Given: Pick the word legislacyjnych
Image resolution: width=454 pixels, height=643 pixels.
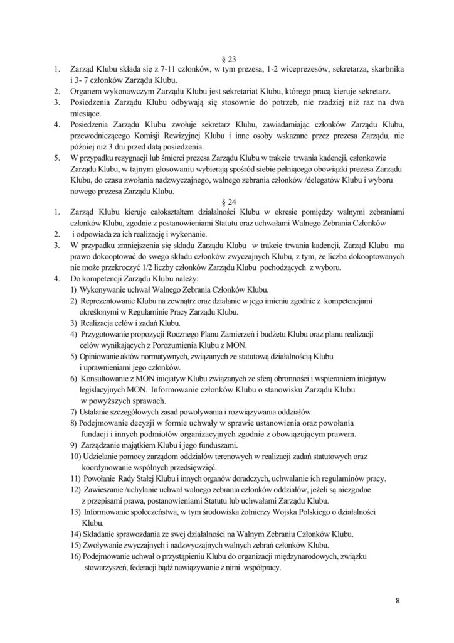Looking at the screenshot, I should coord(106,389).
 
